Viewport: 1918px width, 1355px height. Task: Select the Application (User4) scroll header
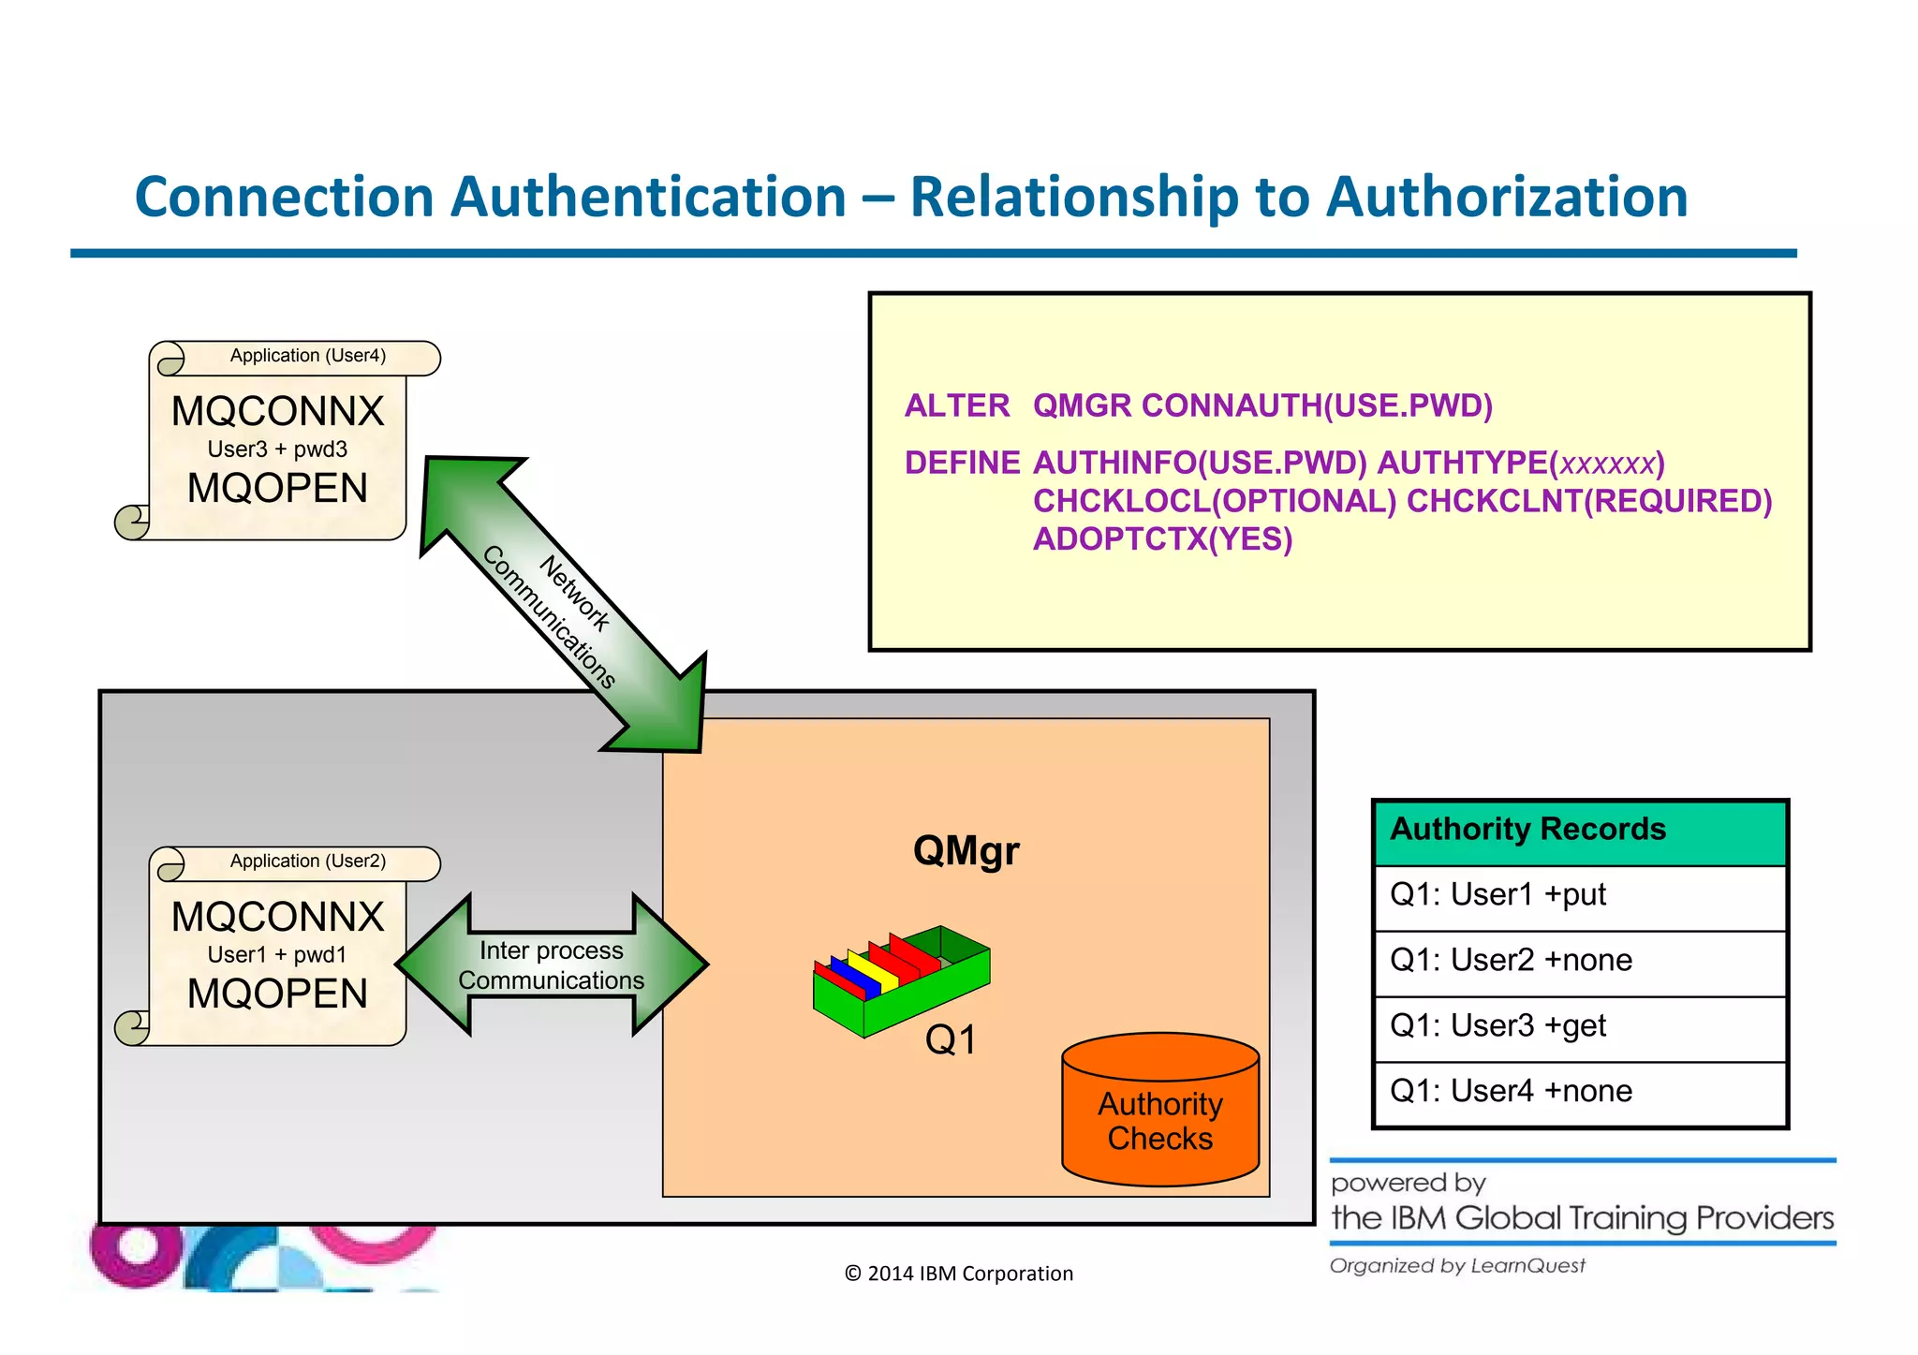point(307,356)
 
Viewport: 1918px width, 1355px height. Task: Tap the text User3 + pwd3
point(277,449)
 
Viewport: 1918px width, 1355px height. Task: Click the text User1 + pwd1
point(277,955)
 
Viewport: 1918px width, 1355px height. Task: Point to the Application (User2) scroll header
point(307,862)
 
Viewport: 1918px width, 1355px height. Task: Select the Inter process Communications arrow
point(551,965)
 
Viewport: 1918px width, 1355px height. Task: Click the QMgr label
point(966,851)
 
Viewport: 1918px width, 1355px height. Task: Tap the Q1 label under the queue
point(951,1040)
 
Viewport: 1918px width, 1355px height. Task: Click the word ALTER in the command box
point(956,406)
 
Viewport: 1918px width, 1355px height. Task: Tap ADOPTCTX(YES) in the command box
point(1162,540)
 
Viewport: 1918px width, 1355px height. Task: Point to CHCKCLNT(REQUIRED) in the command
point(1589,502)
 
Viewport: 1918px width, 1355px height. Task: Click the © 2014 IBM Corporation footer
point(958,1274)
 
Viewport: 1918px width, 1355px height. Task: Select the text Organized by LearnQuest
point(1457,1267)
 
